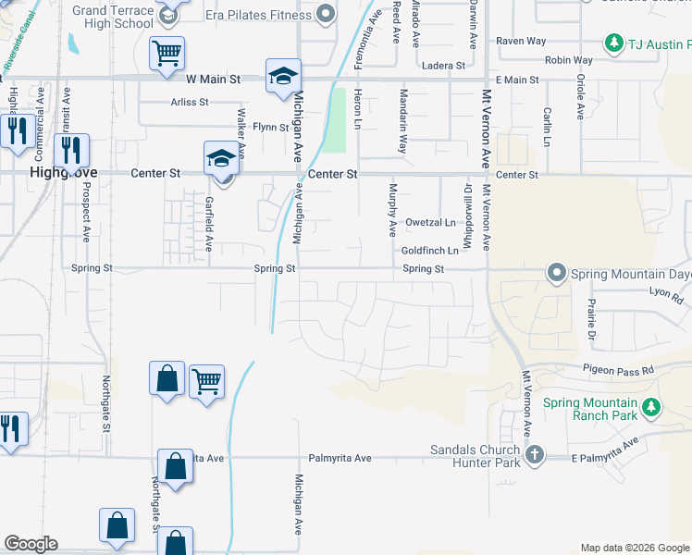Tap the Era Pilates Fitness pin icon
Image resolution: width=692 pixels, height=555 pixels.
click(326, 13)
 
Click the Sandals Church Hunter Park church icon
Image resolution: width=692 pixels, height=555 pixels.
click(535, 454)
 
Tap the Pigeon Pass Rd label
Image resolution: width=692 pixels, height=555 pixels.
click(618, 369)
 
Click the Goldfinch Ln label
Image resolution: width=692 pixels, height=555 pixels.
click(429, 251)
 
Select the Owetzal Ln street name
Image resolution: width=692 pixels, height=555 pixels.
click(430, 223)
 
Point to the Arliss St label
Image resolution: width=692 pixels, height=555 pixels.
click(190, 102)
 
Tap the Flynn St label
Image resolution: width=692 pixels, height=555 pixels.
click(270, 126)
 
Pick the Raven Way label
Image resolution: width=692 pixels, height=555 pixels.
click(521, 41)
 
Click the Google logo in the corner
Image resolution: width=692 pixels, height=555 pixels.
click(31, 544)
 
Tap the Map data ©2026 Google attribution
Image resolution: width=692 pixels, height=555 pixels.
click(635, 548)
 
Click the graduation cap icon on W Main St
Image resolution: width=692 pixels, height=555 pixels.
click(284, 77)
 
